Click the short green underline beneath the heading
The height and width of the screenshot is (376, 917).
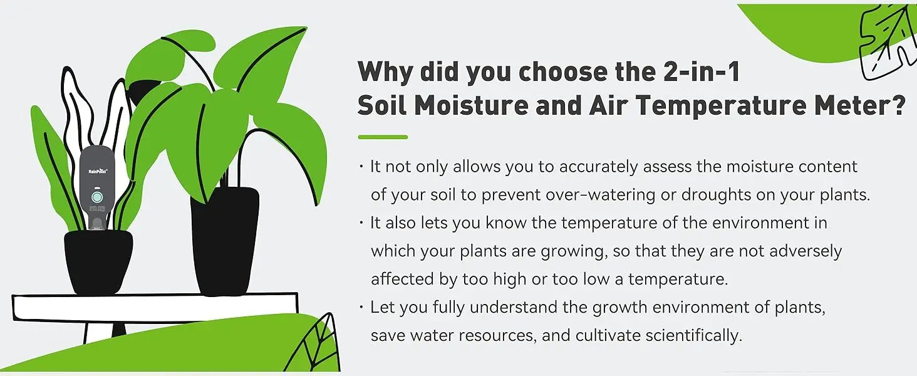(x=383, y=137)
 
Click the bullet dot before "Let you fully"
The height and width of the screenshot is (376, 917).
(x=361, y=307)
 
